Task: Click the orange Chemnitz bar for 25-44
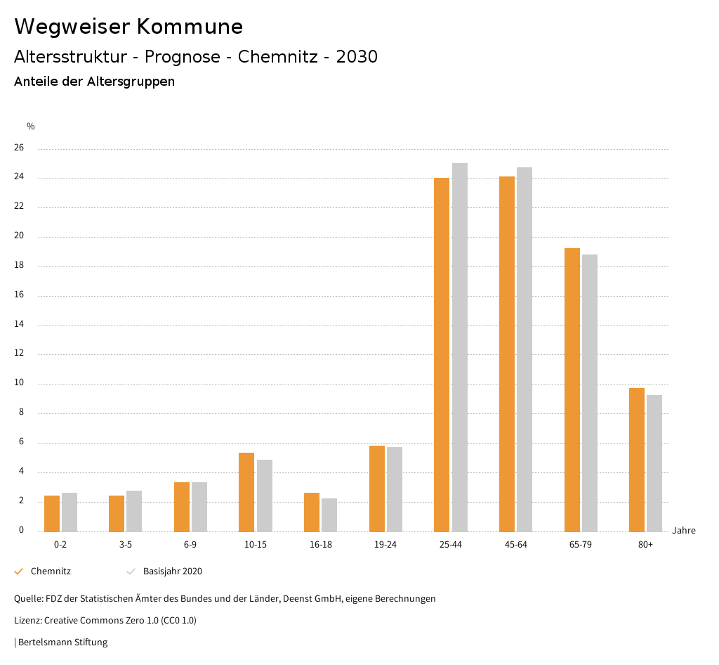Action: click(x=442, y=355)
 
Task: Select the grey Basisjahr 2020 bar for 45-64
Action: click(x=525, y=349)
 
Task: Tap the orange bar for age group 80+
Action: click(x=637, y=460)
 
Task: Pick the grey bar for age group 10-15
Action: click(x=265, y=496)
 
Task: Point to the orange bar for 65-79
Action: click(x=572, y=390)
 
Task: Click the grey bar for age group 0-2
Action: click(x=70, y=512)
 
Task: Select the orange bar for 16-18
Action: click(x=312, y=512)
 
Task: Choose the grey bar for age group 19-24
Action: click(x=395, y=489)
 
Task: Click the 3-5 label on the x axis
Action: click(x=126, y=545)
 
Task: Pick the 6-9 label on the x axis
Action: click(x=190, y=545)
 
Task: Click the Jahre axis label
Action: click(x=684, y=531)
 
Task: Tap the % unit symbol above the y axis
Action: click(x=31, y=127)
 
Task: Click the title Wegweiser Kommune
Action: click(x=128, y=27)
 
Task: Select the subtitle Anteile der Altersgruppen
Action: click(x=94, y=82)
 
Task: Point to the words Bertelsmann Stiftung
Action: click(x=62, y=642)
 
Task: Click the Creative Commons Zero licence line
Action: click(x=105, y=621)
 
